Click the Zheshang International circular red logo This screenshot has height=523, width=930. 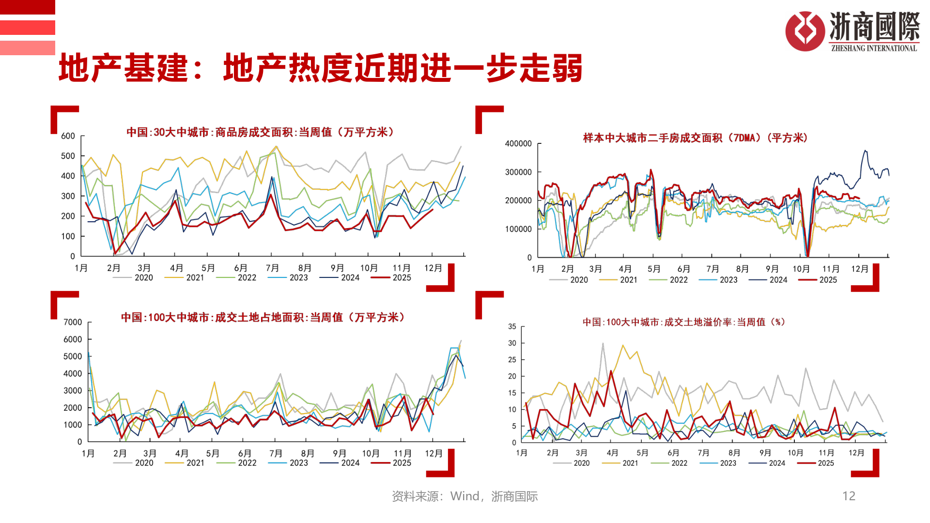805,31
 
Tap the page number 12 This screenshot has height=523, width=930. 849,496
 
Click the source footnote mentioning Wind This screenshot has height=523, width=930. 465,496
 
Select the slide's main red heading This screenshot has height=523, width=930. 320,68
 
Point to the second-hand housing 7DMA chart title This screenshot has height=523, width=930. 695,138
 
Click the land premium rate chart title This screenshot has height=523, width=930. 683,322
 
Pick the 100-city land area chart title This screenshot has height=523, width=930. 263,317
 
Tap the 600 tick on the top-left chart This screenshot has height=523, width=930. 68,136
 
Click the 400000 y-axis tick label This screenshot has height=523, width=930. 518,144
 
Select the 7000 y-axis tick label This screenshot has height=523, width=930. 73,322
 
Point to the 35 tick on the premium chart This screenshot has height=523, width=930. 512,327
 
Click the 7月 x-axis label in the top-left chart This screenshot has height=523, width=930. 272,268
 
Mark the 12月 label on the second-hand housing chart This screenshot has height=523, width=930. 860,269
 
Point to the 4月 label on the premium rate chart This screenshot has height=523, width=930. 612,453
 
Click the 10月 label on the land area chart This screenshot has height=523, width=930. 371,454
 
